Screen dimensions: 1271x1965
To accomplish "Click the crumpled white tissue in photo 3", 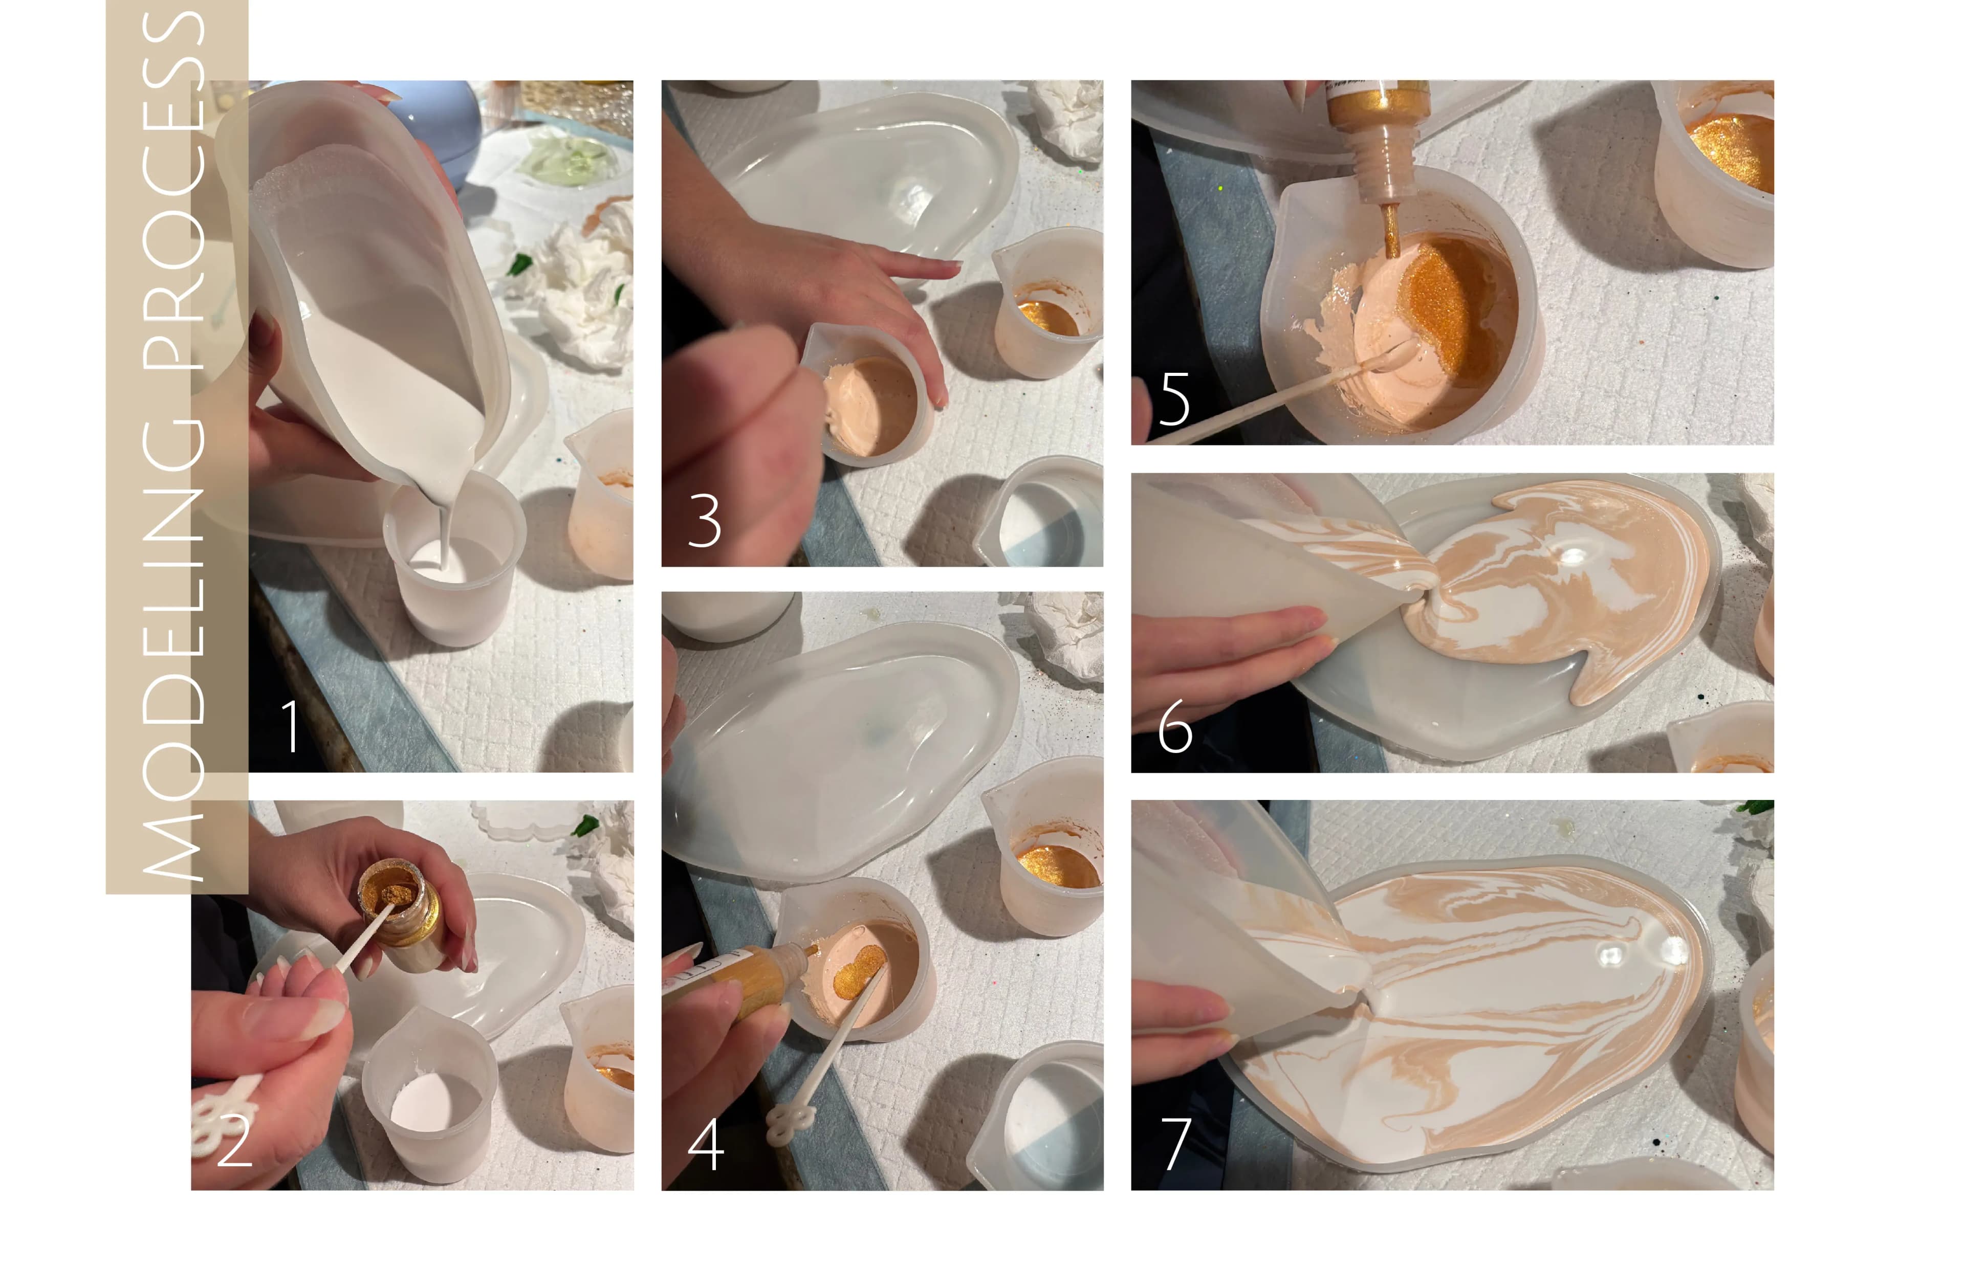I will tap(1069, 120).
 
